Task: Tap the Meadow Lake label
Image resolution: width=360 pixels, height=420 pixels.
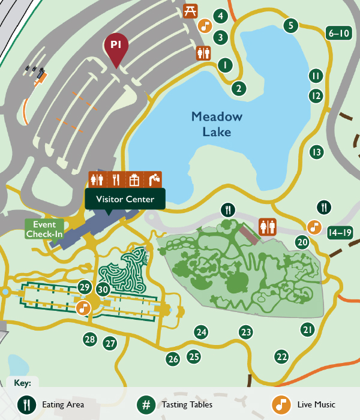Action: [x=217, y=124]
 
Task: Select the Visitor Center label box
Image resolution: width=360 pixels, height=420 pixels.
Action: [x=125, y=199]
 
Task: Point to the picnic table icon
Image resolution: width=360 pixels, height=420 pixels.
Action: [x=190, y=10]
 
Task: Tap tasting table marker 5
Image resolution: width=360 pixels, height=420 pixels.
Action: [x=290, y=25]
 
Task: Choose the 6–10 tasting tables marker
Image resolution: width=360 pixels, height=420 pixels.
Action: [x=338, y=34]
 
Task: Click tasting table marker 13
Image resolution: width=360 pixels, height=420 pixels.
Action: [x=316, y=152]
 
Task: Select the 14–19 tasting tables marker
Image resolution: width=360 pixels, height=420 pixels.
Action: [x=340, y=232]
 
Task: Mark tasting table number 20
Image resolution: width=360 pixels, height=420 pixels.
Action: [x=302, y=242]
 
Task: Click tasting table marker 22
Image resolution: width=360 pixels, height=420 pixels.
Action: [x=282, y=356]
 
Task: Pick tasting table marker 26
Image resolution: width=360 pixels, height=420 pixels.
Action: [x=173, y=359]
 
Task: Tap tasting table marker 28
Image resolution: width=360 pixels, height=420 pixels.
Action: [x=90, y=340]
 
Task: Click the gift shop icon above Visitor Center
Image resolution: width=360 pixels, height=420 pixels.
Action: [x=134, y=179]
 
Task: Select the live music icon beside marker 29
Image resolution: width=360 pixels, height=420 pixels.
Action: [x=83, y=308]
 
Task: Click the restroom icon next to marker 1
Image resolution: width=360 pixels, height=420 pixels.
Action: [x=204, y=53]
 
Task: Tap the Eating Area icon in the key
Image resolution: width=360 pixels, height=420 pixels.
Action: [x=26, y=404]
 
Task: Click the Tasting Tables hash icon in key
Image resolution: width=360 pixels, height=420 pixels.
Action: [x=146, y=404]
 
